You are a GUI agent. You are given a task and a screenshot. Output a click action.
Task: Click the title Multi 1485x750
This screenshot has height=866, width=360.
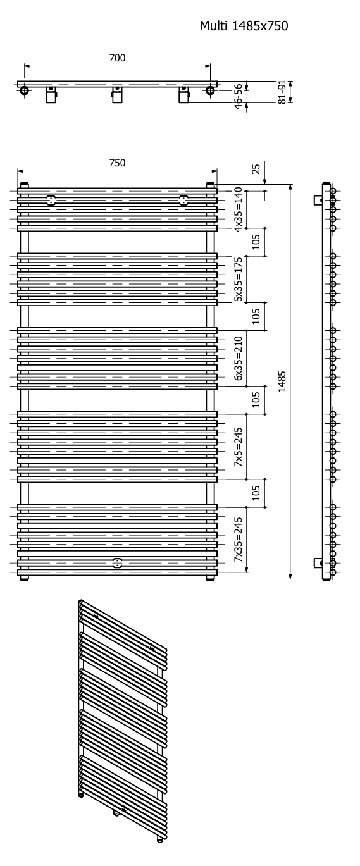click(244, 26)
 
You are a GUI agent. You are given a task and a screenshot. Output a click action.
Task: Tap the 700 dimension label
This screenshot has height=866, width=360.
click(117, 58)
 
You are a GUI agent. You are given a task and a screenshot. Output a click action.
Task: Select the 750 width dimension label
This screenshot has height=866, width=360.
click(117, 163)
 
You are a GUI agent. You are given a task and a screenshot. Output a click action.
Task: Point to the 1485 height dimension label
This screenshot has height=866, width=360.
click(282, 381)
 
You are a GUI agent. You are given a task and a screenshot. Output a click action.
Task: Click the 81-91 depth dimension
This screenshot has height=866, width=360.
click(282, 92)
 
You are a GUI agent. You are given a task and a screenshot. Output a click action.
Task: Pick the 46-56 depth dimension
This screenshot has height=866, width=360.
click(239, 96)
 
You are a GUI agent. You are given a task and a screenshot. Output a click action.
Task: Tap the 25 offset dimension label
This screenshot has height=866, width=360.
click(256, 169)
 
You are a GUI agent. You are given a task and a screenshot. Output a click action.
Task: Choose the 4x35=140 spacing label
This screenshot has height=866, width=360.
click(239, 209)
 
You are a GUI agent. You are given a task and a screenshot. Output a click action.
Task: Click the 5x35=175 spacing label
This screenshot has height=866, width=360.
click(239, 279)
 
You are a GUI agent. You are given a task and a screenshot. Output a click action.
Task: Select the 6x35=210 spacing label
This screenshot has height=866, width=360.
click(239, 358)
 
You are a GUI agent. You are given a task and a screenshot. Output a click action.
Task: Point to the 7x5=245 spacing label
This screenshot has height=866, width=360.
click(239, 447)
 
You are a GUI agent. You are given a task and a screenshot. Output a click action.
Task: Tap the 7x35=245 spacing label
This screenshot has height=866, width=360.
click(239, 540)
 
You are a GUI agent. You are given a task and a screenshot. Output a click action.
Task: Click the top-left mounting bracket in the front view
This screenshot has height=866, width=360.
click(51, 201)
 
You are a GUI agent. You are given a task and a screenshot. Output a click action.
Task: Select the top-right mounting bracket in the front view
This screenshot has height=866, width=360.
click(183, 201)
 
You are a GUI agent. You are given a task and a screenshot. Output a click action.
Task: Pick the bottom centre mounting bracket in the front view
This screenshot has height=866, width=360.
click(117, 563)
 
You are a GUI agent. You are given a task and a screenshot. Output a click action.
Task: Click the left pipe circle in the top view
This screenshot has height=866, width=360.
click(24, 91)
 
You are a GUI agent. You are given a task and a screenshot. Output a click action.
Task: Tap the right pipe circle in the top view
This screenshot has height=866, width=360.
click(210, 91)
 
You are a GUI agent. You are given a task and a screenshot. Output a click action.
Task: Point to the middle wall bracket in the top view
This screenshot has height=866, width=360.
click(118, 95)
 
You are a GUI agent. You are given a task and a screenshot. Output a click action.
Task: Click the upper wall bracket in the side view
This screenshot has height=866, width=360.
click(318, 199)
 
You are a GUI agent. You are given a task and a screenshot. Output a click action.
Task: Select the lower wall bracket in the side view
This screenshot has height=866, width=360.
click(318, 563)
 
